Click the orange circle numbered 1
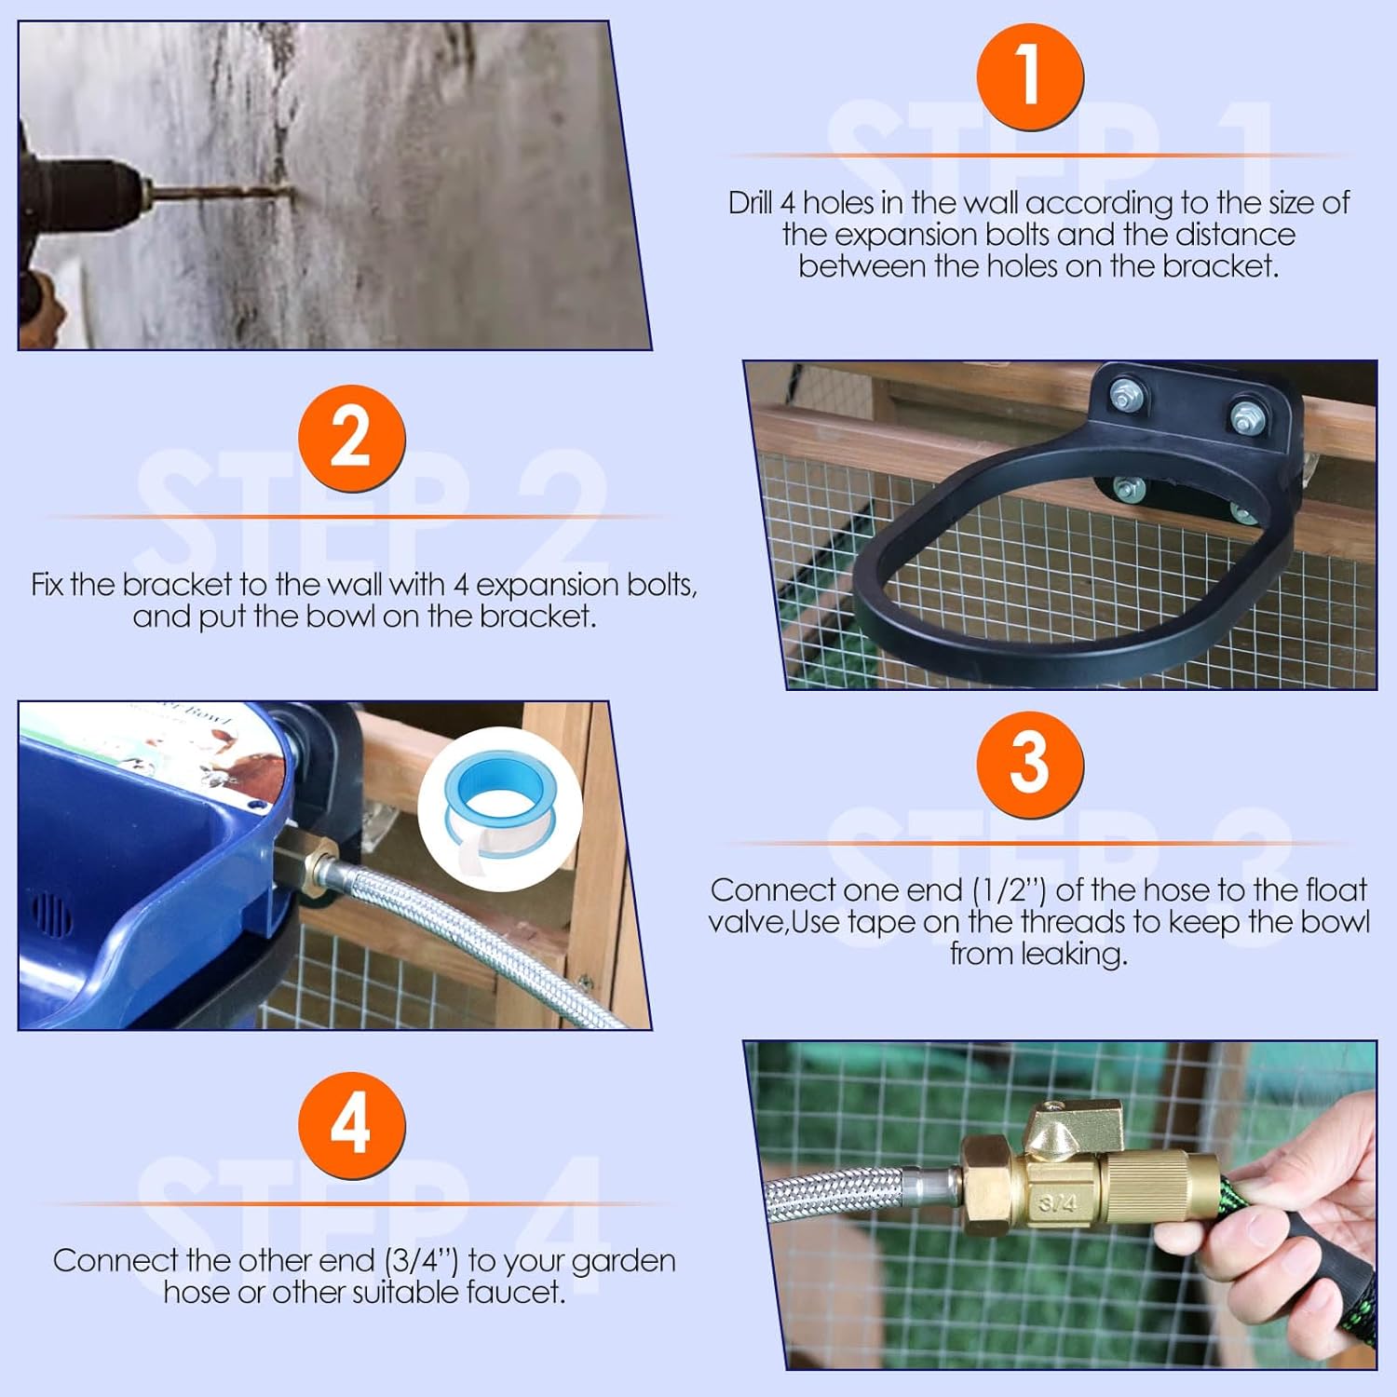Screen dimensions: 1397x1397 [x=1029, y=76]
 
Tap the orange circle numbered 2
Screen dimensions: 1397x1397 [x=351, y=438]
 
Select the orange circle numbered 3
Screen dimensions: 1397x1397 [x=1029, y=765]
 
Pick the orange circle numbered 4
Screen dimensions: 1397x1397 [x=351, y=1125]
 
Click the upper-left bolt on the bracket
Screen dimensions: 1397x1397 [x=1124, y=398]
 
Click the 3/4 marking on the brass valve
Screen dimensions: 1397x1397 [x=1057, y=1203]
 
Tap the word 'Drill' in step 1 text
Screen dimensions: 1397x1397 [x=752, y=202]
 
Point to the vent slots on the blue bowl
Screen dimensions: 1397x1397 [x=53, y=914]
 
